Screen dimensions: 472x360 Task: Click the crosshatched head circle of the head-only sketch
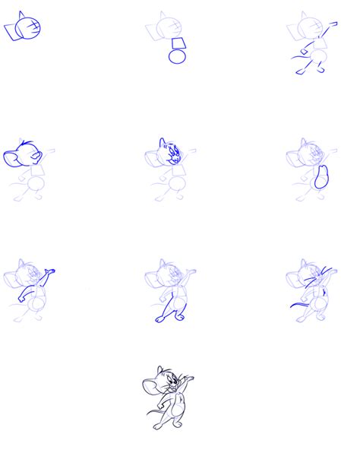pos(30,28)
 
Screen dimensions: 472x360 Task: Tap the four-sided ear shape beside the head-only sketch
pos(12,30)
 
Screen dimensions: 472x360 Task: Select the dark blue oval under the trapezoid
pos(177,56)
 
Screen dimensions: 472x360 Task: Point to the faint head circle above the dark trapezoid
pos(162,29)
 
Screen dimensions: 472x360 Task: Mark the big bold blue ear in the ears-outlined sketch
pos(14,158)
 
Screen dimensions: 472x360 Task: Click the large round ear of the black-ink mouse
pos(150,387)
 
